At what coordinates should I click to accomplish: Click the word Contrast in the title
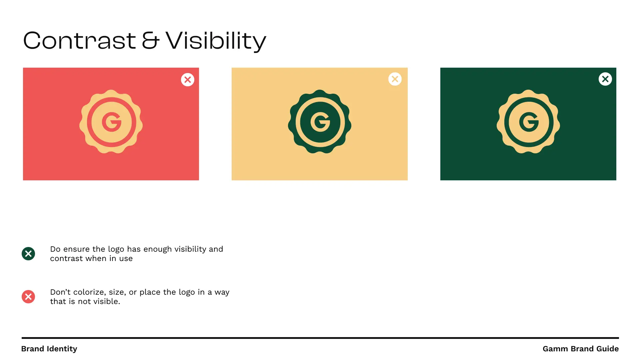click(x=79, y=40)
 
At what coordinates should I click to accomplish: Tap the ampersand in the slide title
click(x=150, y=41)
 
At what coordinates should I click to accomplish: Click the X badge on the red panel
click(x=188, y=80)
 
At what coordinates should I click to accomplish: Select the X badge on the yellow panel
click(x=395, y=79)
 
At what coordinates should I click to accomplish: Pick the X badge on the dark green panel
click(x=605, y=79)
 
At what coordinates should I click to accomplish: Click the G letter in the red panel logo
click(x=112, y=122)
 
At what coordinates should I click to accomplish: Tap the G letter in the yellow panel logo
click(x=320, y=122)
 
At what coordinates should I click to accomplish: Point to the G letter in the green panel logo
click(x=529, y=122)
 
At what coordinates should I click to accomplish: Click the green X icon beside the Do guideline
click(x=28, y=254)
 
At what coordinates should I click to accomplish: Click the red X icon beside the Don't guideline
click(x=28, y=297)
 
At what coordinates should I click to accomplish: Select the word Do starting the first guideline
click(x=55, y=249)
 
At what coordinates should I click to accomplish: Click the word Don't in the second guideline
click(x=60, y=292)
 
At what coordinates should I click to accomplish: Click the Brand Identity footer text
click(x=49, y=349)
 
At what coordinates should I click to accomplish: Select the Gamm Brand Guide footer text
click(x=581, y=349)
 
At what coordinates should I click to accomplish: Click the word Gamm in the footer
click(x=555, y=349)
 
